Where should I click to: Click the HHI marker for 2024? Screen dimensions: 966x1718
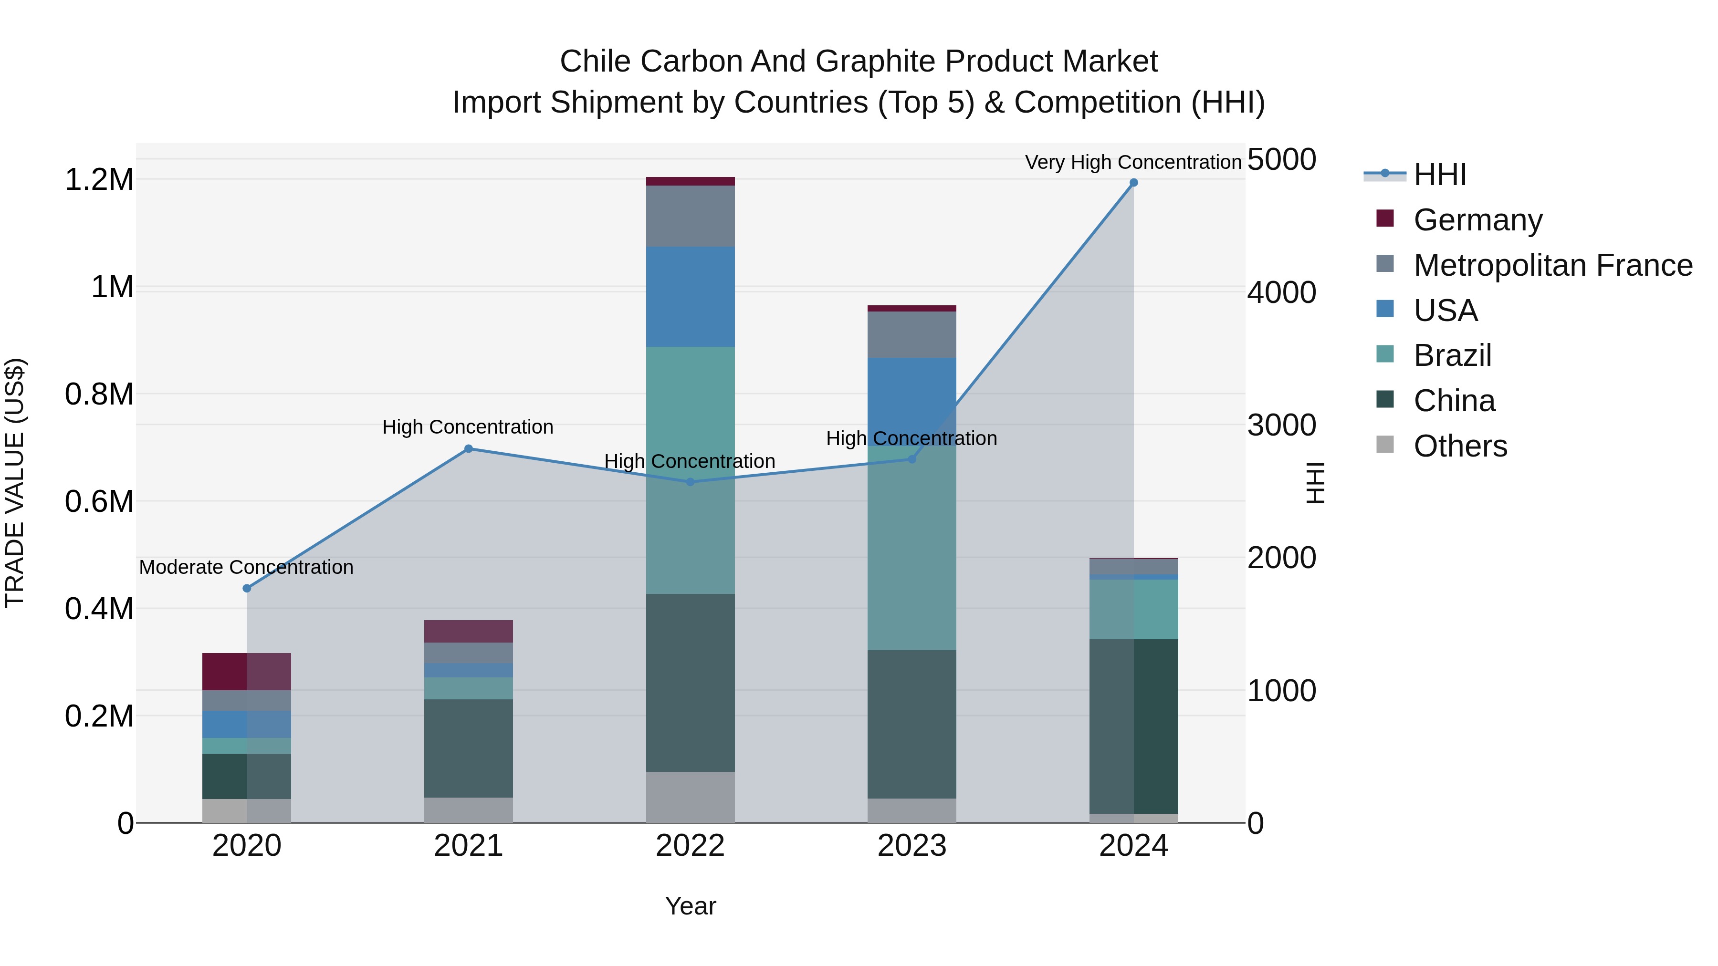tap(1133, 183)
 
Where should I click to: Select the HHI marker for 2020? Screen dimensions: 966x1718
tap(247, 588)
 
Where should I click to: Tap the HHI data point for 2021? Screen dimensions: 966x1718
tap(468, 449)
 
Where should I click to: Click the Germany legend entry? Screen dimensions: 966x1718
tap(1477, 220)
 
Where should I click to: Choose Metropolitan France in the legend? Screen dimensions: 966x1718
tap(1552, 265)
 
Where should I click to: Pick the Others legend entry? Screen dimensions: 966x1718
tap(1460, 446)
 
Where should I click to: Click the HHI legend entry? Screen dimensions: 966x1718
tap(1439, 175)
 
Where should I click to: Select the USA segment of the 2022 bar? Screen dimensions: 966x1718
tap(690, 297)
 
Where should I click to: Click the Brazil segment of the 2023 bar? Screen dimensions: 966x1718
tap(911, 547)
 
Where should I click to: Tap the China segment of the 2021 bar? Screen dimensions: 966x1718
tap(468, 748)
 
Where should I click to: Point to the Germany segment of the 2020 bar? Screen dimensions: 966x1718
tap(247, 671)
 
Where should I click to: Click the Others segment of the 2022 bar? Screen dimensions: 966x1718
tap(690, 797)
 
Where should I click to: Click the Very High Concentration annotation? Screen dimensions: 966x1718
tap(1132, 162)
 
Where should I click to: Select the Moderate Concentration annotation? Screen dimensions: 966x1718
tap(246, 567)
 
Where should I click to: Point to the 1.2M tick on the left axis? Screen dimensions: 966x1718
tap(99, 180)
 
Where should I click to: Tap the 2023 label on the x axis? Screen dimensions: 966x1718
tap(911, 846)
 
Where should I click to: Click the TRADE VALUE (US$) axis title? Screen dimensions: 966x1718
tap(15, 483)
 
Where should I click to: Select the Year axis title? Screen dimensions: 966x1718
tap(690, 906)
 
